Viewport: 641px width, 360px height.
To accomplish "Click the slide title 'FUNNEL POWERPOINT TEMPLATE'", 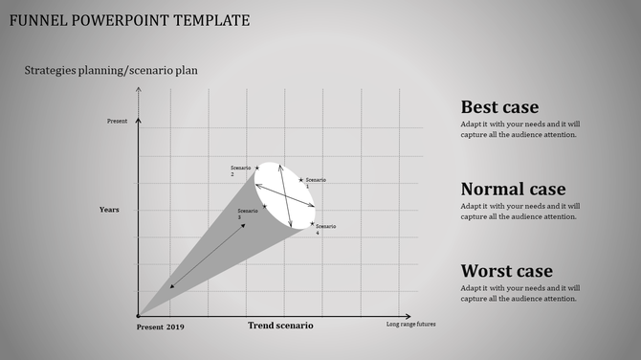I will click(x=129, y=20).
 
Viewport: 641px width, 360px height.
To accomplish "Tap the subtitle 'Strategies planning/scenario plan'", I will click(x=111, y=70).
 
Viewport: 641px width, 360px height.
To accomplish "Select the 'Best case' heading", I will click(x=499, y=107).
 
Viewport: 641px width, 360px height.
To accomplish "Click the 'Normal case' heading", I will click(x=513, y=189).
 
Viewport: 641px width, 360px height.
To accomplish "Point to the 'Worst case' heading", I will click(x=506, y=271).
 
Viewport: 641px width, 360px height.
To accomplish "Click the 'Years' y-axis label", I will click(x=109, y=210).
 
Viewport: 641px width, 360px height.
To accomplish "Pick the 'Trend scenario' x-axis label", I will click(x=280, y=326).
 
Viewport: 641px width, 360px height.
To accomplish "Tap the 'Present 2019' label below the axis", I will click(x=161, y=327).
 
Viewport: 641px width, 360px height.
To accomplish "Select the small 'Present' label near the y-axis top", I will click(x=117, y=122).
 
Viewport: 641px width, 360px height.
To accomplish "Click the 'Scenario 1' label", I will click(x=315, y=183).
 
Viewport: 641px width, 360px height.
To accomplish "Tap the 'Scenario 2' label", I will click(x=239, y=171).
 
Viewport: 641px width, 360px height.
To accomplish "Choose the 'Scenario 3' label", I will click(x=247, y=214).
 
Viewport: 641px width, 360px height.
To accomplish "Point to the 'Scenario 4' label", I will click(x=325, y=229).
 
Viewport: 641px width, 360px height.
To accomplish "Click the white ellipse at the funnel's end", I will click(x=285, y=195).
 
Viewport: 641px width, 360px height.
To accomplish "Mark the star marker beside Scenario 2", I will click(x=256, y=168).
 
